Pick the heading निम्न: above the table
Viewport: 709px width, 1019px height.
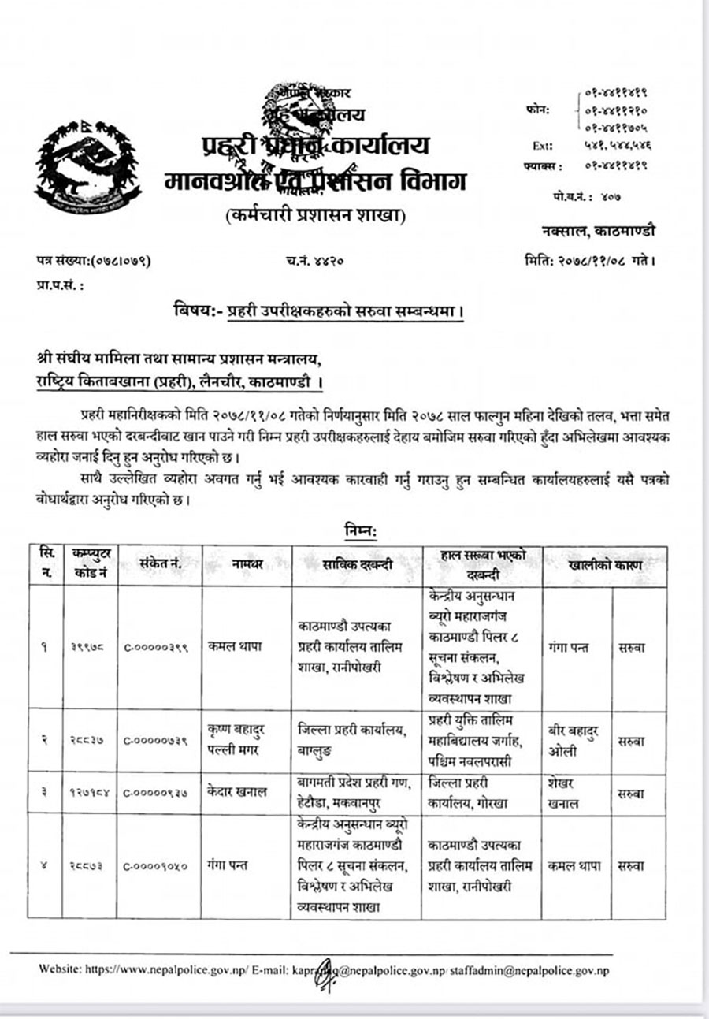(360, 533)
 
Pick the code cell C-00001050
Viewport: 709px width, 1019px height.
(156, 865)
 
